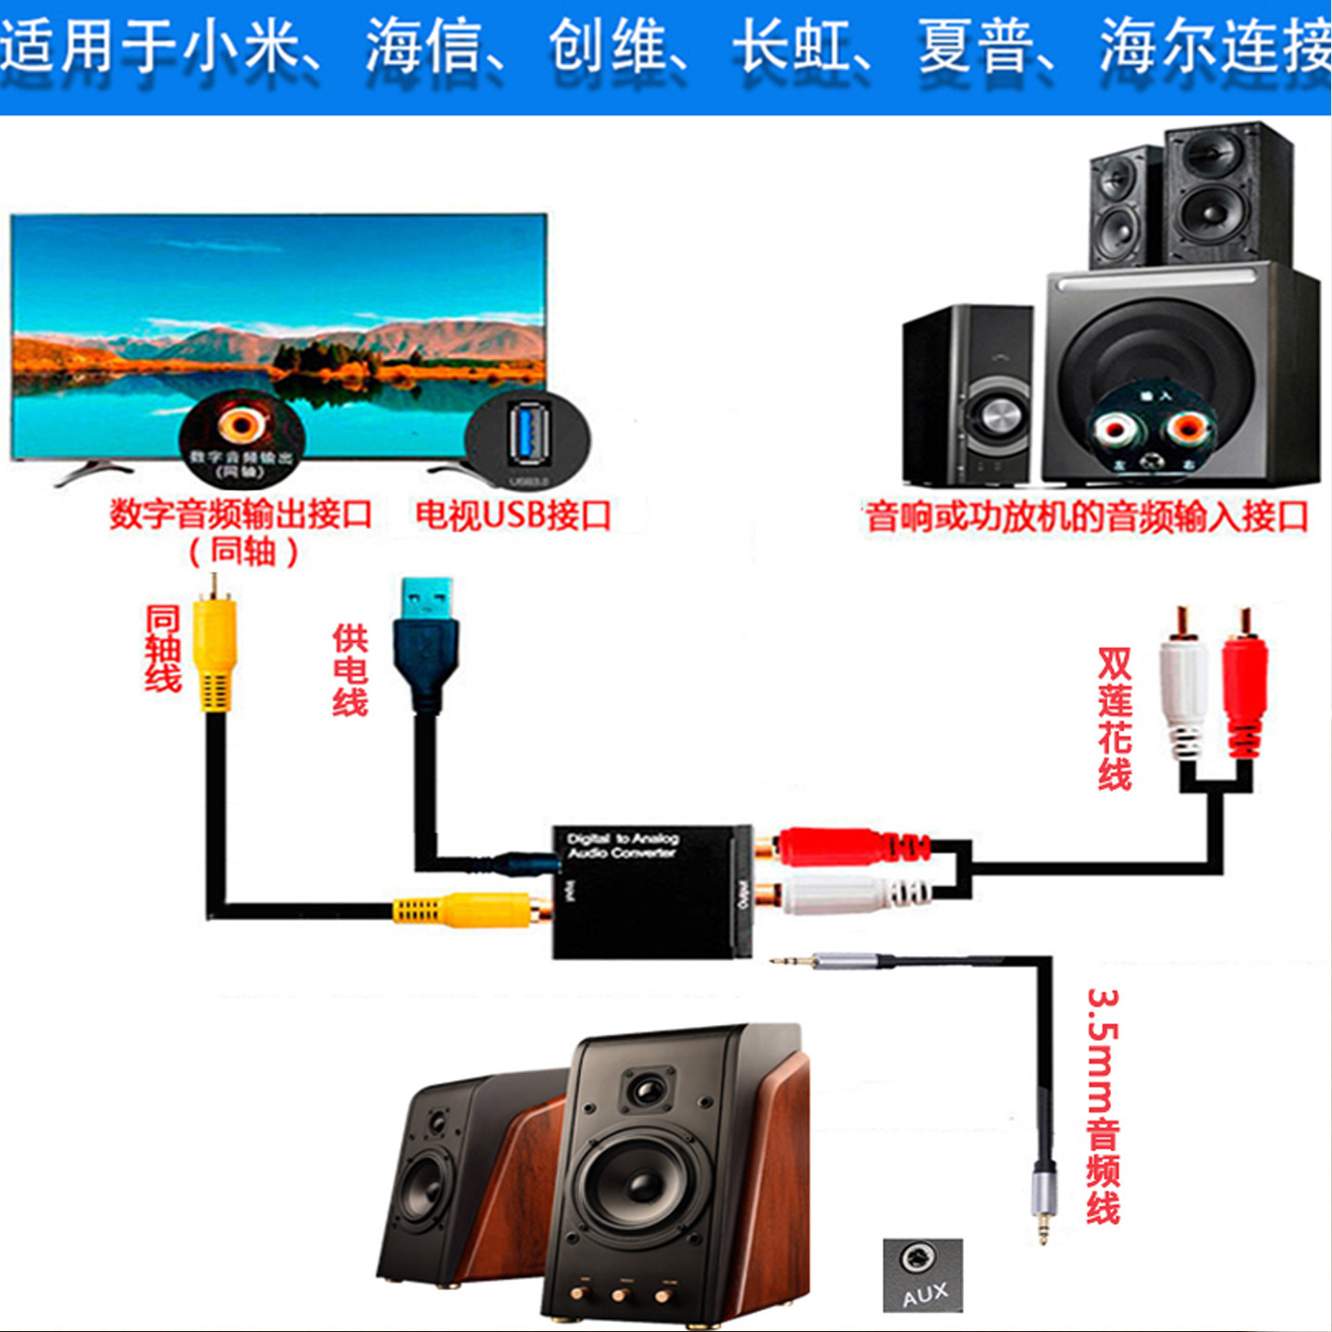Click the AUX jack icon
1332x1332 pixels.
click(922, 1275)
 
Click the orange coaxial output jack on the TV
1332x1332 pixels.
click(241, 425)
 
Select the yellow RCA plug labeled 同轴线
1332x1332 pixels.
click(215, 652)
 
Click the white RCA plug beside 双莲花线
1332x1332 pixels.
click(1183, 689)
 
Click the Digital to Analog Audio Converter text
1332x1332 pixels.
click(623, 845)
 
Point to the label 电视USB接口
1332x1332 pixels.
click(513, 515)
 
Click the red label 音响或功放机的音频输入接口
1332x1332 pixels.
click(1087, 516)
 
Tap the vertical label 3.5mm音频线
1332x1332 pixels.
click(1104, 1106)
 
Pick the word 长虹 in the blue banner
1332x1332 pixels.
click(791, 48)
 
